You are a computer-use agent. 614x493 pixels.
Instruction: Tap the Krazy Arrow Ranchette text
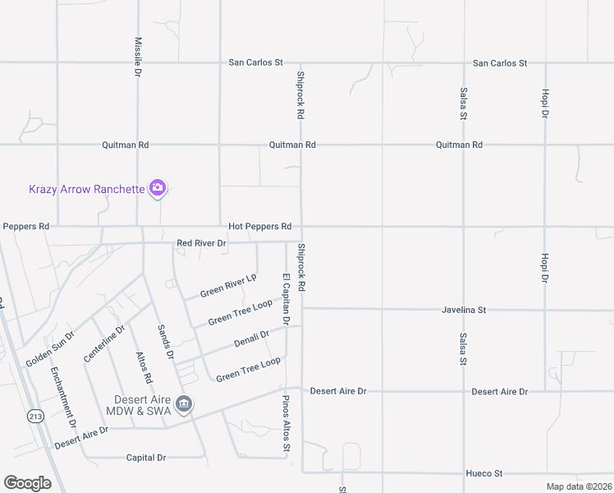coord(86,189)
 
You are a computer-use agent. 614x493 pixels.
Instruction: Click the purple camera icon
coord(158,188)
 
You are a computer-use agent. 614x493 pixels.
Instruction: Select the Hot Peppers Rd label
coord(259,226)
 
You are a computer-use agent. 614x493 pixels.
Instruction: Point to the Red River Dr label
coord(201,243)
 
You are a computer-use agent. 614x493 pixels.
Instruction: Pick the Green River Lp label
coord(228,287)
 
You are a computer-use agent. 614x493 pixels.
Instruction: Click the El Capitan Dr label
coord(286,298)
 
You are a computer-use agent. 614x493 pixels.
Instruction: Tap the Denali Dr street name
coord(252,338)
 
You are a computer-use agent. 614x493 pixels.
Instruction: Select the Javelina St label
coord(464,310)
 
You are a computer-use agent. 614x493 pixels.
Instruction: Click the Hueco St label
coord(483,473)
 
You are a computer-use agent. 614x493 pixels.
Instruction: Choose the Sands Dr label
coord(165,341)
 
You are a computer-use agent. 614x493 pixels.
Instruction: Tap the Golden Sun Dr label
coord(50,349)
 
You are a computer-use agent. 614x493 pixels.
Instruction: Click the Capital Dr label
coord(146,458)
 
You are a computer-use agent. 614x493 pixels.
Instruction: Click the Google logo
coord(27,483)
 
